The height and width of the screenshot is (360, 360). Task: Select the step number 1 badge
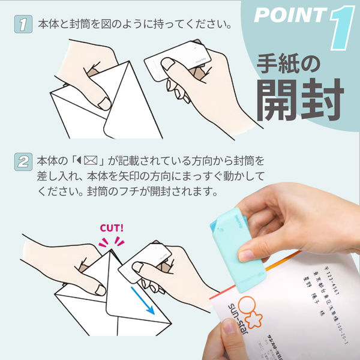click(22, 25)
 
